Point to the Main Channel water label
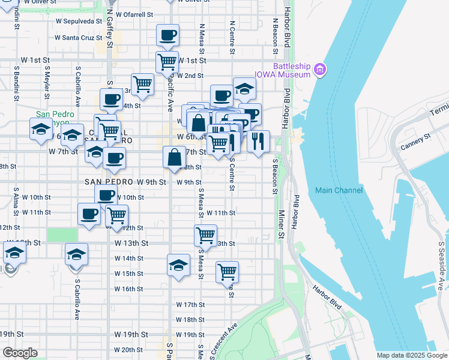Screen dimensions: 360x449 pos(339,190)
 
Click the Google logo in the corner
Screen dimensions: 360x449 pos(20,353)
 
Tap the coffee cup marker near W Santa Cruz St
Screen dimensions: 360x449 pos(167,35)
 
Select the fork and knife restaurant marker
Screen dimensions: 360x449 pos(258,142)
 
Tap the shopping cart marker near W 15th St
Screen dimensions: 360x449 pos(227,272)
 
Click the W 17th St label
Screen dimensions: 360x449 pos(190,305)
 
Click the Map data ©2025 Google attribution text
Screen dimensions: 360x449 pos(411,355)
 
